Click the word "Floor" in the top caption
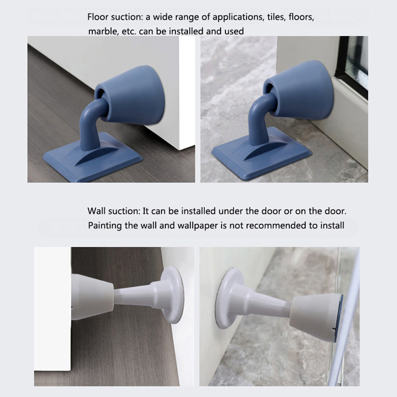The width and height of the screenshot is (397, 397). [x=98, y=17]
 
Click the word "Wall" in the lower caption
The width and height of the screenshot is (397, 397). [x=96, y=211]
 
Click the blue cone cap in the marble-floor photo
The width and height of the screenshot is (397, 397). [x=299, y=90]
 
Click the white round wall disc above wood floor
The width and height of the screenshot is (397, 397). [x=172, y=295]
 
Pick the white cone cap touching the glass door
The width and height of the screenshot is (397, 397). [x=317, y=317]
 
